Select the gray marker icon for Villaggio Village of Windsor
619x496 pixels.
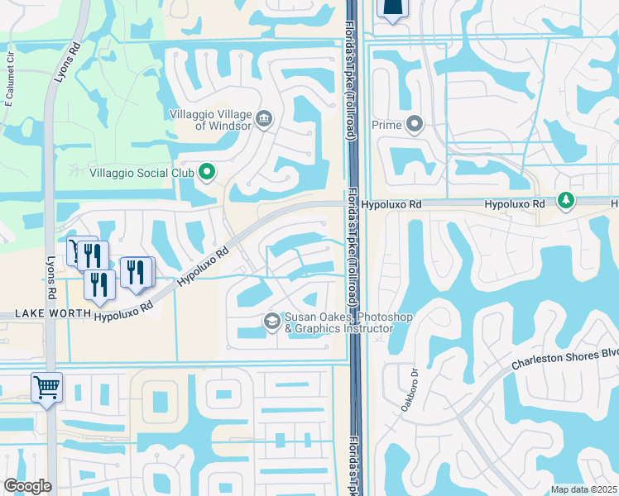point(264,118)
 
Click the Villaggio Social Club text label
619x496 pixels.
point(142,173)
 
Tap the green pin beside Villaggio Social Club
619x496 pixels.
point(207,173)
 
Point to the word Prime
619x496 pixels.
point(386,126)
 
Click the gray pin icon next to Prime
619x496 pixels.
point(415,126)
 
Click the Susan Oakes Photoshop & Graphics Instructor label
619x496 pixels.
point(338,322)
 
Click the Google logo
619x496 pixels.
point(28,485)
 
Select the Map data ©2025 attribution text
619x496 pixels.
point(583,489)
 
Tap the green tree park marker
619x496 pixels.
point(566,202)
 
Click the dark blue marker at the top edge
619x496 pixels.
point(392,8)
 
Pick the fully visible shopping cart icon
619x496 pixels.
point(47,387)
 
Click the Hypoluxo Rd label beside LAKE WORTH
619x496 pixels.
point(124,311)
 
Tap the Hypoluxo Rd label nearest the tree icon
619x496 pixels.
point(515,203)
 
